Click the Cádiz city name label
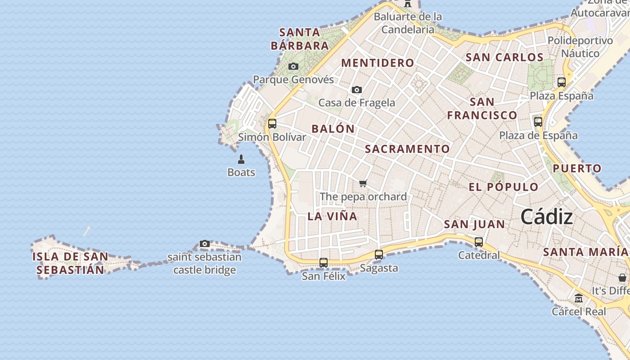tap(546, 217)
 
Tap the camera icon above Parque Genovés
tap(293, 67)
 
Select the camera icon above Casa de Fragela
tap(356, 90)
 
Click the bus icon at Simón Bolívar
tap(272, 124)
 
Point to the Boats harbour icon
tap(241, 159)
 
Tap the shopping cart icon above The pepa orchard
tap(363, 183)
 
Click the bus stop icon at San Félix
tap(323, 263)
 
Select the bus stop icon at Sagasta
tap(379, 255)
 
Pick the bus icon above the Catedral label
tap(479, 242)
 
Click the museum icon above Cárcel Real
tap(579, 298)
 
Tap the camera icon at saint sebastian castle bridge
tap(205, 244)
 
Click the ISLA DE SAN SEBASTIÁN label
tap(70, 263)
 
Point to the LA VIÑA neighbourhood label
tap(332, 216)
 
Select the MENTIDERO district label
tap(378, 63)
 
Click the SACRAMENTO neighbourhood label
tap(407, 149)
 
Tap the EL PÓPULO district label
tap(503, 187)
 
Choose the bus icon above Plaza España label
tap(561, 82)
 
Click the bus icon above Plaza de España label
tap(538, 122)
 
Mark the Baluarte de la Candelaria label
tap(408, 23)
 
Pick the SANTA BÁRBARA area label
tap(300, 39)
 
